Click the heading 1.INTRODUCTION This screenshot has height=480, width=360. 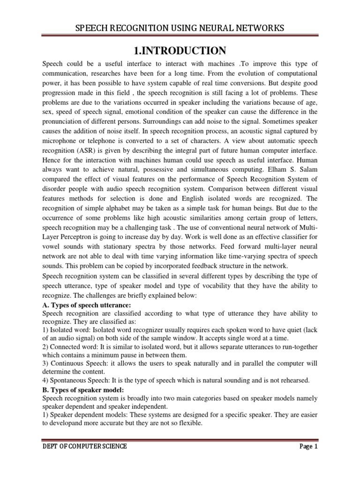pos(180,50)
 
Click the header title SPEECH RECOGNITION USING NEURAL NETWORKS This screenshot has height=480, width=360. pos(180,29)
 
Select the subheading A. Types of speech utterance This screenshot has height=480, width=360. pos(86,305)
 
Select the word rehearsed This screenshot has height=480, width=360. pos(293,380)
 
